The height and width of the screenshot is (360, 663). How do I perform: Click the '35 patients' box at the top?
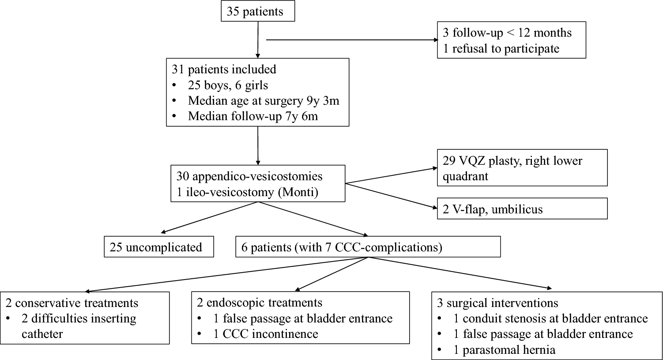click(x=257, y=11)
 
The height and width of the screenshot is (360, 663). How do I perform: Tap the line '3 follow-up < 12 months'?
click(x=507, y=33)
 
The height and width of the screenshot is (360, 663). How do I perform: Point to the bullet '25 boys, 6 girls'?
click(x=228, y=85)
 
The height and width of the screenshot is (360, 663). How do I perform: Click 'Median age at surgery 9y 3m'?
click(x=263, y=101)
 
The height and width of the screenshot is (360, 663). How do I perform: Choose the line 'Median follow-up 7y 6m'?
click(x=253, y=117)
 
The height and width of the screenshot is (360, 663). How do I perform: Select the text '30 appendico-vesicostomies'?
click(x=249, y=176)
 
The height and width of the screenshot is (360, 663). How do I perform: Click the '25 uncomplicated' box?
click(x=159, y=247)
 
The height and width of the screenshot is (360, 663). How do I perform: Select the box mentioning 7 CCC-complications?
click(x=368, y=247)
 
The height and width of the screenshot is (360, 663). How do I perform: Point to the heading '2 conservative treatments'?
click(x=72, y=303)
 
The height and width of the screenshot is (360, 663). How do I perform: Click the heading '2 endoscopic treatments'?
click(x=259, y=303)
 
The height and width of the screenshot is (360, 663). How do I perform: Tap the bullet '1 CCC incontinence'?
click(x=265, y=333)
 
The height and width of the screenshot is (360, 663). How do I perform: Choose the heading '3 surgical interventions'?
click(x=502, y=303)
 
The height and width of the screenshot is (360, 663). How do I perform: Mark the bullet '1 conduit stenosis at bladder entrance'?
click(x=550, y=318)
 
